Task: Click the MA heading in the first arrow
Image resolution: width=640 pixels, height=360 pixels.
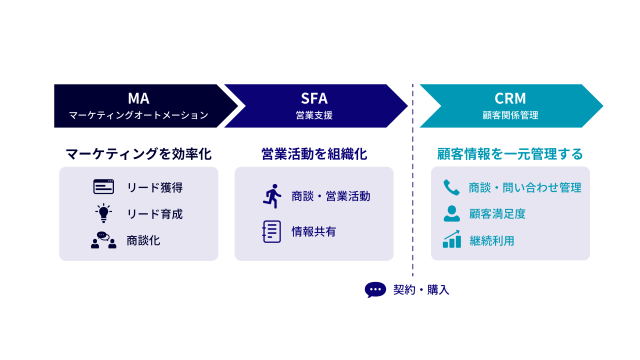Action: [x=138, y=98]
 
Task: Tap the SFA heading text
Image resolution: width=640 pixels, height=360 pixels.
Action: [x=314, y=98]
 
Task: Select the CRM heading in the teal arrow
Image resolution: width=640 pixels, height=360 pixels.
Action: [x=510, y=98]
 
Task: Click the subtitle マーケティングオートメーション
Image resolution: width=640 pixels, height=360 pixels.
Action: [x=138, y=115]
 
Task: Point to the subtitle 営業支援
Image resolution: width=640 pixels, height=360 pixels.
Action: [x=314, y=115]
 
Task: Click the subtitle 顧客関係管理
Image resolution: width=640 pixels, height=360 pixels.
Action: [x=510, y=115]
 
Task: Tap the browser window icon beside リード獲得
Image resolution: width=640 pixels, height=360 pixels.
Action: [x=104, y=187]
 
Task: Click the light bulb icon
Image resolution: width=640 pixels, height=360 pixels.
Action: [x=104, y=213]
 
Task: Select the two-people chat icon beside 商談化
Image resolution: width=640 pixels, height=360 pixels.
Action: [x=104, y=240]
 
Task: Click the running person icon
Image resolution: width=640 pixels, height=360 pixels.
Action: [x=272, y=196]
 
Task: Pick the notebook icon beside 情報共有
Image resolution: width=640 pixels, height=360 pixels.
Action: [x=271, y=231]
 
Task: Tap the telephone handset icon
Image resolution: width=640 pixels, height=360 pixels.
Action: [x=451, y=187]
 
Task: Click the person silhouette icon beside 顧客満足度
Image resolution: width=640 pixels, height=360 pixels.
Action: [x=451, y=213]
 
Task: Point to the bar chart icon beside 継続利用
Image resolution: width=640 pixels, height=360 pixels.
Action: [x=452, y=240]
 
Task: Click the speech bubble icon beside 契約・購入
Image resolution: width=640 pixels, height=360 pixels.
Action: [x=375, y=290]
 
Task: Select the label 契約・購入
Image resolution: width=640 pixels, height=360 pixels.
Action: [x=421, y=290]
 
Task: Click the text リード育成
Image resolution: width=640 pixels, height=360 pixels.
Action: [x=155, y=214]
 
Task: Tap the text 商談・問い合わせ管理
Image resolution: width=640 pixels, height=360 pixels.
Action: [x=525, y=187]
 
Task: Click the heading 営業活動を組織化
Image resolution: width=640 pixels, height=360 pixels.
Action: [x=314, y=154]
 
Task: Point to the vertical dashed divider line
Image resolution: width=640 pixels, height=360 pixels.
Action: [x=413, y=180]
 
